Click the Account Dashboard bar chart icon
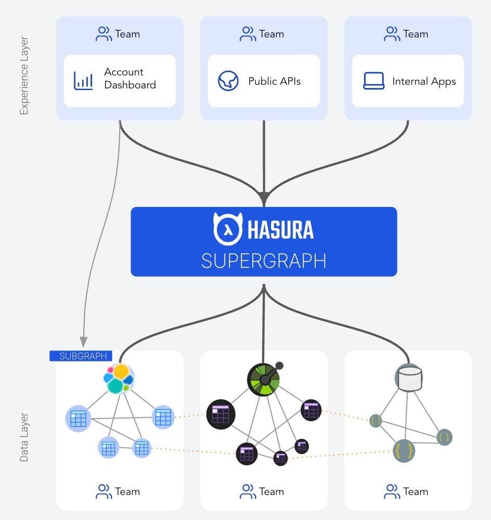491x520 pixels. pyautogui.click(x=83, y=81)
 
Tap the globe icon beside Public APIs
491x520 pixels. pyautogui.click(x=228, y=81)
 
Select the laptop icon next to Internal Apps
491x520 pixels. pyautogui.click(x=373, y=81)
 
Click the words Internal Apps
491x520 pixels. pyautogui.click(x=424, y=82)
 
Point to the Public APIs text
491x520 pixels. pyautogui.click(x=274, y=82)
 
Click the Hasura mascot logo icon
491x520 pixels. pyautogui.click(x=228, y=229)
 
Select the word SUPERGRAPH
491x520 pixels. pyautogui.click(x=264, y=261)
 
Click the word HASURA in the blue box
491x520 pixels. pyautogui.click(x=280, y=229)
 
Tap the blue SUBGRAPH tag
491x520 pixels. pyautogui.click(x=81, y=356)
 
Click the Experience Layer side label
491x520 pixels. pyautogui.click(x=24, y=76)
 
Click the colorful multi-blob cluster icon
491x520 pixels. pyautogui.click(x=119, y=378)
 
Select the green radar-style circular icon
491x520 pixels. pyautogui.click(x=264, y=378)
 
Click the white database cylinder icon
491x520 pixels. pyautogui.click(x=408, y=378)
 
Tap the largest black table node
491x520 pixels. pyautogui.click(x=221, y=414)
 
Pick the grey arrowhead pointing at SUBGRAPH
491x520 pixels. pyautogui.click(x=83, y=342)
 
